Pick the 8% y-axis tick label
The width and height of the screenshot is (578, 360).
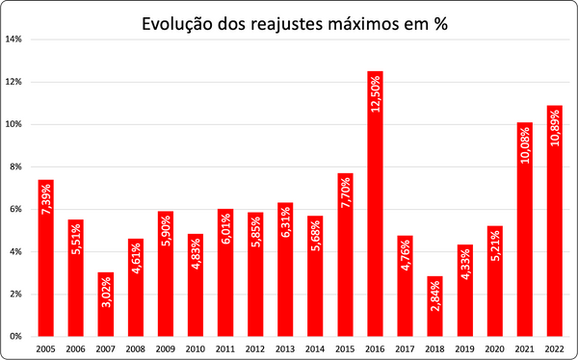16,167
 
